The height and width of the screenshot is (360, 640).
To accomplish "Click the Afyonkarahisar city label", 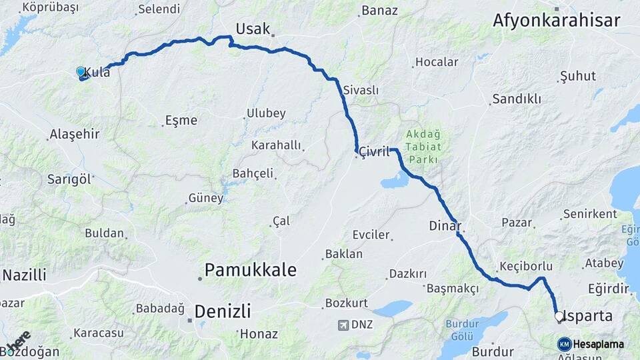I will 556,20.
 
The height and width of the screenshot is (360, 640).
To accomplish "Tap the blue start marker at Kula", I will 81,71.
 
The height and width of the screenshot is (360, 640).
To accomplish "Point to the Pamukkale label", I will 250,269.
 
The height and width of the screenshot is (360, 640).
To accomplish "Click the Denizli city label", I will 223,311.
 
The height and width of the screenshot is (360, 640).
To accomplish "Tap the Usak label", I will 253,29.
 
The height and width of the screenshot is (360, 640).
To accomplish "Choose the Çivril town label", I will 374,152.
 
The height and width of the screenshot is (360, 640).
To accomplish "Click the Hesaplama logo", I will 590,344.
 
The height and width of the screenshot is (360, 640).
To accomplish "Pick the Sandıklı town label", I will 517,99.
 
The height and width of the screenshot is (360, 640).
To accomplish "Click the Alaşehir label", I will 75,134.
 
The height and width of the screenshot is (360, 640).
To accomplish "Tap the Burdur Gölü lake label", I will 463,325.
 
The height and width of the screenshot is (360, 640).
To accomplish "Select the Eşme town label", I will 181,121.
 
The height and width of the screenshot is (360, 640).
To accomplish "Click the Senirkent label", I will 589,214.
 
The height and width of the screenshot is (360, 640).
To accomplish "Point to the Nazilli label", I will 24,275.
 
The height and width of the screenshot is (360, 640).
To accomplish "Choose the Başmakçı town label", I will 453,289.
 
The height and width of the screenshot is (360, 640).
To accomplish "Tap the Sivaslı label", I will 361,90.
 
